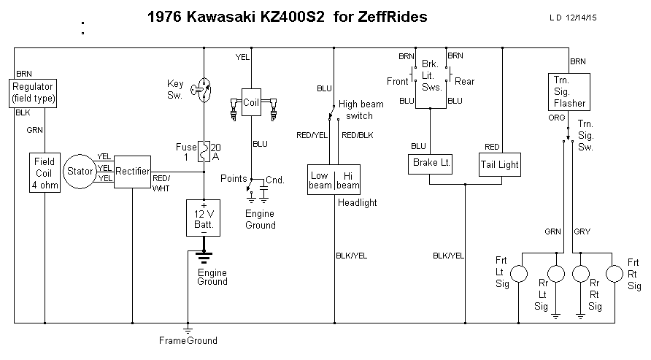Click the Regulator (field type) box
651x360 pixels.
(34, 93)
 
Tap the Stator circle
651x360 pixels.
(80, 172)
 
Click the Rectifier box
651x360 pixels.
(132, 172)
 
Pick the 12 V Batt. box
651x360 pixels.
(204, 218)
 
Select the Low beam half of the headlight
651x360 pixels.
(320, 180)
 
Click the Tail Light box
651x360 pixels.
(499, 164)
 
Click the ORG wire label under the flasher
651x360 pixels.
(555, 116)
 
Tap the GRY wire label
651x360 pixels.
(582, 231)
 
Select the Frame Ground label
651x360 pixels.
(188, 340)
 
